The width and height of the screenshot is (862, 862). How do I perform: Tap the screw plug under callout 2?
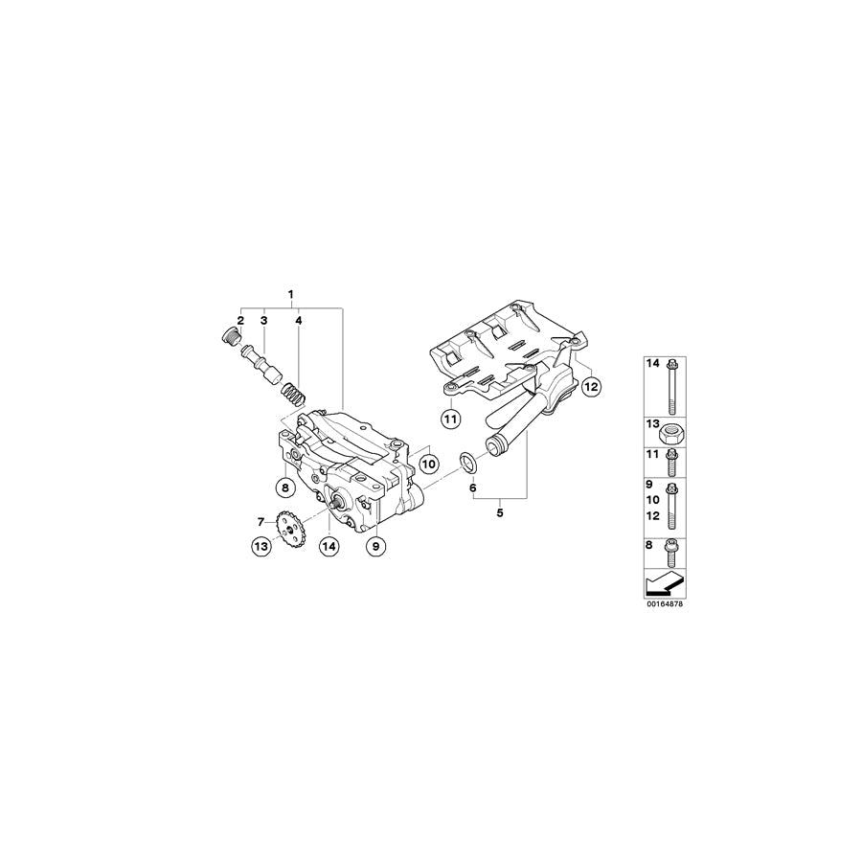(x=229, y=336)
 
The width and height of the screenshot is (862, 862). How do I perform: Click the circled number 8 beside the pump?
(x=284, y=488)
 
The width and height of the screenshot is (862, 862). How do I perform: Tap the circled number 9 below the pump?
(x=376, y=545)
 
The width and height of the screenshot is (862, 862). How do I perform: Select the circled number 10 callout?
(x=427, y=463)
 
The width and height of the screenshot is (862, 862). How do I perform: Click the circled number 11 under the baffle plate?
(x=450, y=418)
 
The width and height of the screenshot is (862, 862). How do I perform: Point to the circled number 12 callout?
(x=591, y=386)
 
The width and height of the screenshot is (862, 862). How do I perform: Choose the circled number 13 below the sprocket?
(x=261, y=546)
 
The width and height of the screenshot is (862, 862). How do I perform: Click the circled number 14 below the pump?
(x=329, y=546)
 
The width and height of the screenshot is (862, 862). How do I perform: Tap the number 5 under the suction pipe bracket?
(x=499, y=512)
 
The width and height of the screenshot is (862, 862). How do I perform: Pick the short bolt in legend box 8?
(x=671, y=553)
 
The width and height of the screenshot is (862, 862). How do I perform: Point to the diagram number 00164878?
(x=667, y=605)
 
